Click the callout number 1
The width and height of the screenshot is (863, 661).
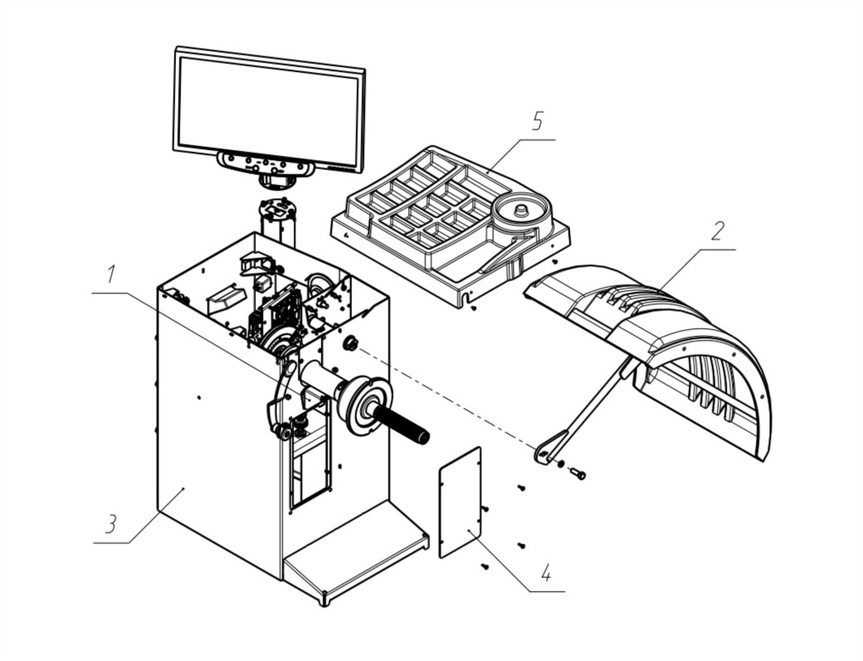tap(112, 274)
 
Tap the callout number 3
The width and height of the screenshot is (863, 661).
tap(112, 524)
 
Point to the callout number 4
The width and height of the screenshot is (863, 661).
tap(545, 574)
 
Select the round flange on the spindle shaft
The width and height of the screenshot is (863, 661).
tap(364, 405)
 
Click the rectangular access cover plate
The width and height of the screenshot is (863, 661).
tap(460, 502)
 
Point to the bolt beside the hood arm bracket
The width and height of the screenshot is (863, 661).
tap(578, 472)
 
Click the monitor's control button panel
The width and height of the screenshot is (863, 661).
tap(266, 163)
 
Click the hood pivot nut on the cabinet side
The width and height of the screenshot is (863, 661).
tap(349, 344)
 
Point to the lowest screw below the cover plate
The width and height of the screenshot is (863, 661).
tap(485, 566)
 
